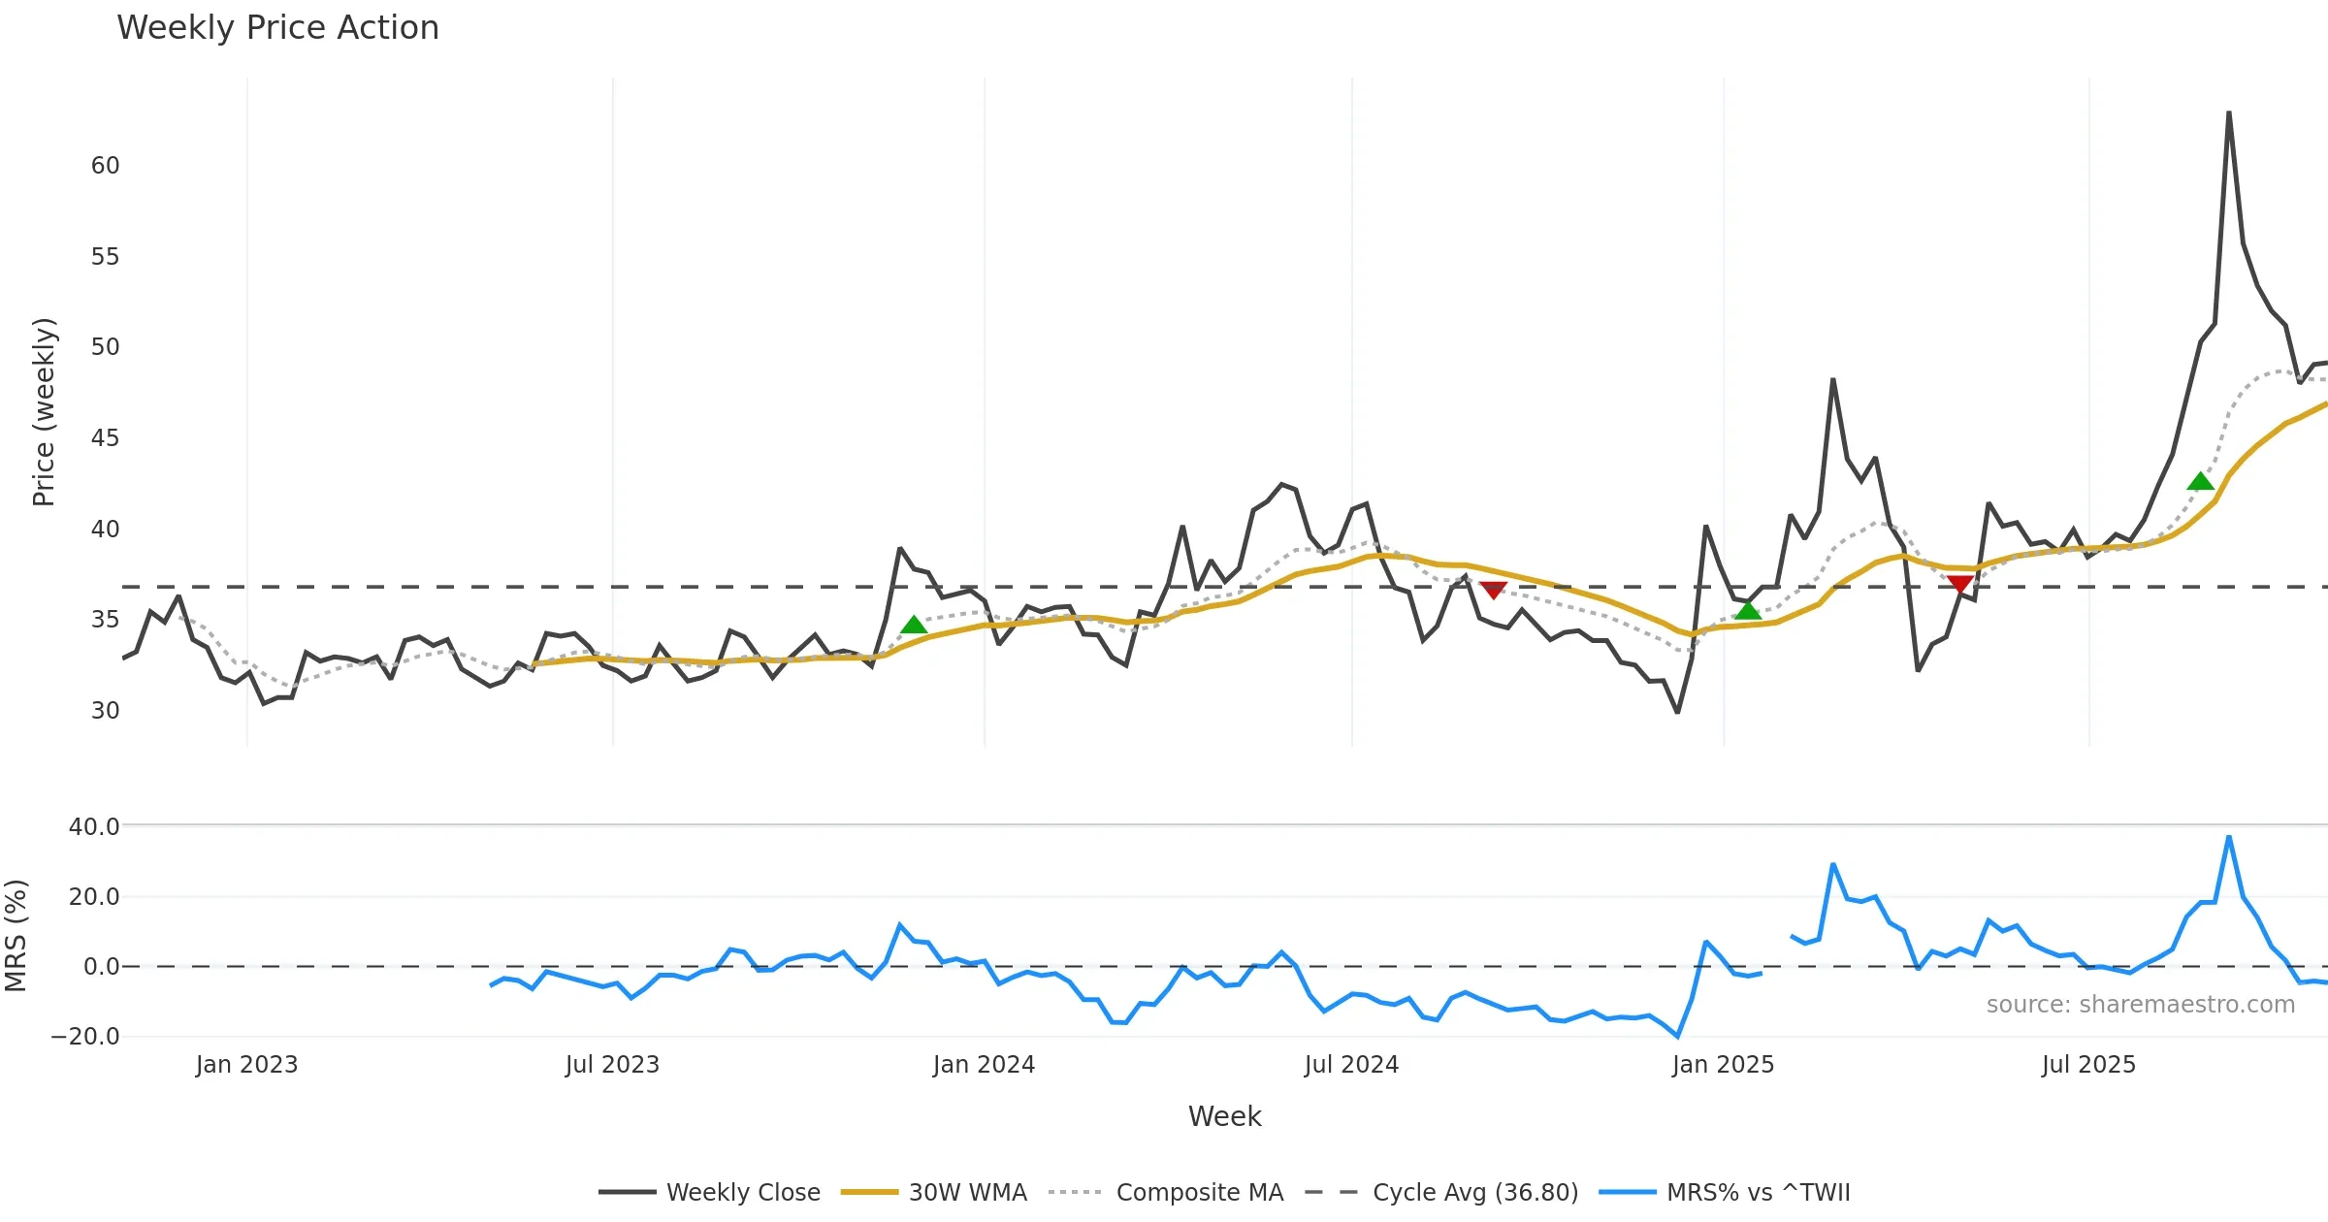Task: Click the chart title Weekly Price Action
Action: click(277, 28)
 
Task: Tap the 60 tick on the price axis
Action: click(105, 166)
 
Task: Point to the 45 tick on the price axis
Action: click(105, 438)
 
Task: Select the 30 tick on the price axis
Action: click(105, 711)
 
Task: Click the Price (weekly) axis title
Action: click(44, 412)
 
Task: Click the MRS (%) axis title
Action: click(16, 935)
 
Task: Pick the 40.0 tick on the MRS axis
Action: click(94, 827)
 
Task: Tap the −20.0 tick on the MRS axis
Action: click(85, 1037)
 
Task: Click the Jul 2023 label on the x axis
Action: click(612, 1065)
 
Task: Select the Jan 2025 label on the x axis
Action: click(1723, 1065)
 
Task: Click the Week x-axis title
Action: click(1224, 1117)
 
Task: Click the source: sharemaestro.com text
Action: click(2140, 1005)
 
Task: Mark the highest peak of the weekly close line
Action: click(2229, 113)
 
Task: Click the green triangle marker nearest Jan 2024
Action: click(914, 626)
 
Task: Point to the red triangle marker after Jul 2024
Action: click(1493, 590)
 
